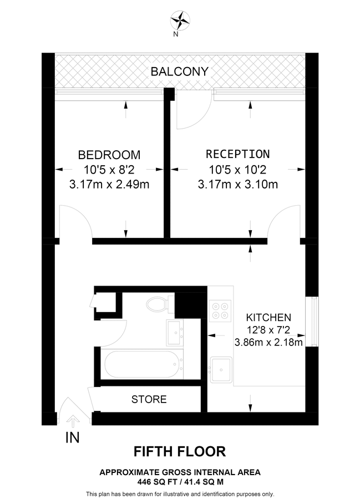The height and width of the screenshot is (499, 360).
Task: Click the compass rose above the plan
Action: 180,22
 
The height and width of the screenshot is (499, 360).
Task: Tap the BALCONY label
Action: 180,71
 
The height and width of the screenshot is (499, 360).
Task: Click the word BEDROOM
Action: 109,155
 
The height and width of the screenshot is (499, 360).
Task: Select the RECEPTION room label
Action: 237,154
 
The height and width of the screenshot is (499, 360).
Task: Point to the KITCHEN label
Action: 268,318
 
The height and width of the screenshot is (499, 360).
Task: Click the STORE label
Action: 149,399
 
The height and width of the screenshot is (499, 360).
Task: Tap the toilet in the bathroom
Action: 158,304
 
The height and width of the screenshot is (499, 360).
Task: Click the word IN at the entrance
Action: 73,438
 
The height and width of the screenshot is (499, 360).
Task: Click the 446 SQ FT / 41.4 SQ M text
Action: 180,482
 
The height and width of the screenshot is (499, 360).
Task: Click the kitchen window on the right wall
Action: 315,320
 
